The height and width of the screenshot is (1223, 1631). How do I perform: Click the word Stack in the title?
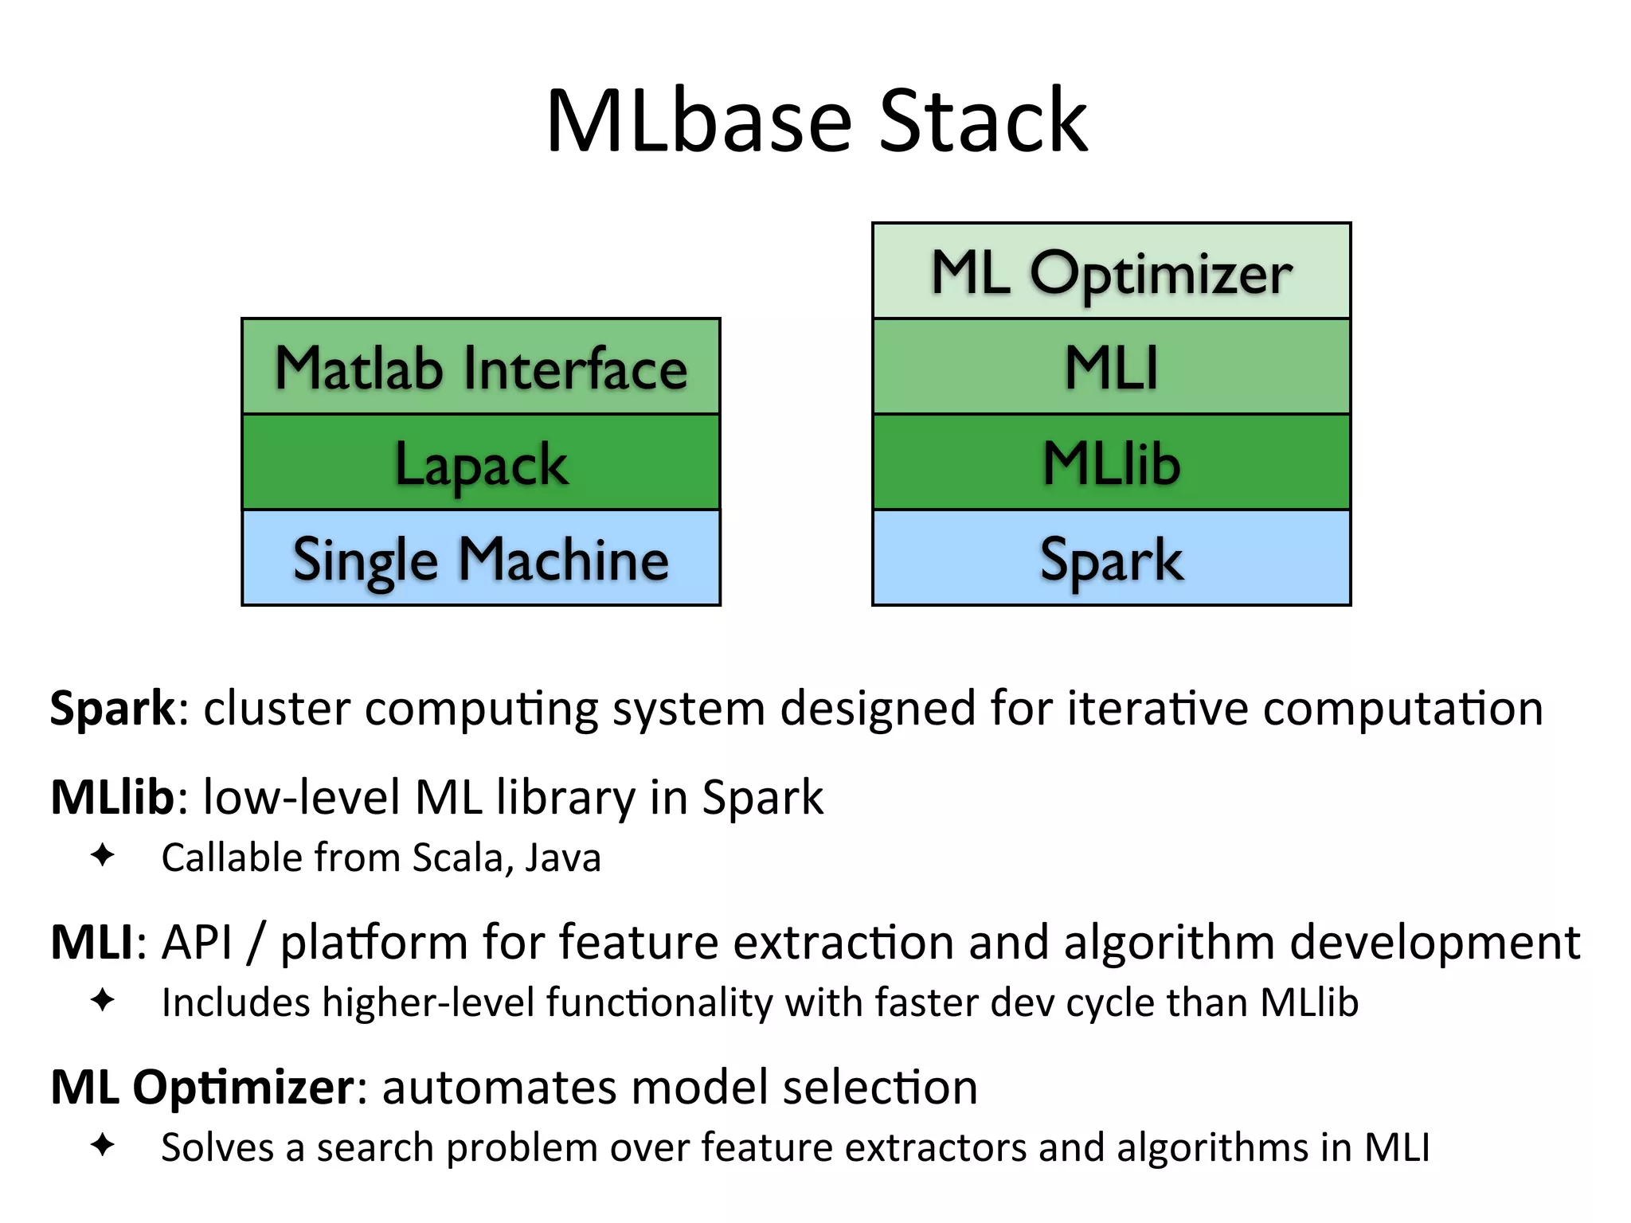click(983, 122)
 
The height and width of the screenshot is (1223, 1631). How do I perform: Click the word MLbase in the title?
click(698, 122)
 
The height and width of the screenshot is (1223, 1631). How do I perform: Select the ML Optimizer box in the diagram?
click(1111, 272)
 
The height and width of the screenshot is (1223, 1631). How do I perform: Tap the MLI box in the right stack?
click(1111, 367)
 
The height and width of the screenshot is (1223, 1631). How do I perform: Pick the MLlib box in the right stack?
click(1111, 463)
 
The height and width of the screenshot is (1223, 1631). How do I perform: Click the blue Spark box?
click(1111, 558)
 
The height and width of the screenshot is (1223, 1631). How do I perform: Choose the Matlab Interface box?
click(481, 367)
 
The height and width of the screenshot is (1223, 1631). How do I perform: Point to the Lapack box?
click(481, 463)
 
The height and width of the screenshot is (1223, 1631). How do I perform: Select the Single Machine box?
click(481, 558)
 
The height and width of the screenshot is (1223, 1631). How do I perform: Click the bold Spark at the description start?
click(112, 708)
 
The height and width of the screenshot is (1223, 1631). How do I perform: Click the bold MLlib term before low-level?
click(112, 797)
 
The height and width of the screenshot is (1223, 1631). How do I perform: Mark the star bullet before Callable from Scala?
click(103, 856)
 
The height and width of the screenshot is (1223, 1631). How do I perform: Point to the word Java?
click(563, 858)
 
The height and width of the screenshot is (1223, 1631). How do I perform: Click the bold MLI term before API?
click(92, 942)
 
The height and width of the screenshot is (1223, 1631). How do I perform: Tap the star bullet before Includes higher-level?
click(103, 1001)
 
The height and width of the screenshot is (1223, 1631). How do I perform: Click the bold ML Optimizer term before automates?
click(202, 1088)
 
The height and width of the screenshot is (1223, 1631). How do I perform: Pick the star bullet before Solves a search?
click(103, 1146)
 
